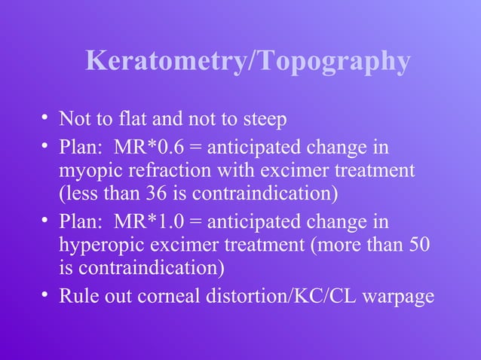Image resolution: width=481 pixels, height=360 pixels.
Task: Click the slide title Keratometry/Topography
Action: click(248, 62)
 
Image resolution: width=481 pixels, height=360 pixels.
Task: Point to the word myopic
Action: click(87, 170)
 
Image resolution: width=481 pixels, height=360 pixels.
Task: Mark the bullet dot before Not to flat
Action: click(45, 117)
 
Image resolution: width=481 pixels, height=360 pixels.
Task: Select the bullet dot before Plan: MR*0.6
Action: click(45, 143)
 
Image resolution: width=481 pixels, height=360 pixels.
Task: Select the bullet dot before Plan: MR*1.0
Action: click(45, 220)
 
